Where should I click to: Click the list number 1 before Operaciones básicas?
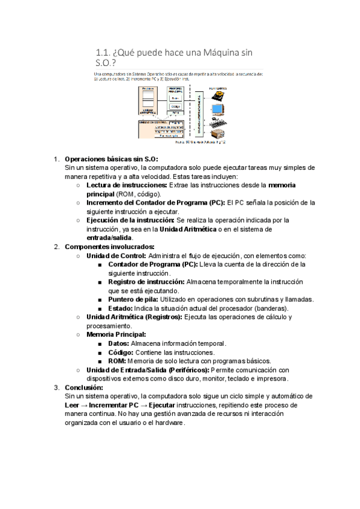(56, 159)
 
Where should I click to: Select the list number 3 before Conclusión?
(56, 387)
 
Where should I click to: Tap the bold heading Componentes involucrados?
(109, 247)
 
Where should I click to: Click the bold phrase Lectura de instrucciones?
(127, 185)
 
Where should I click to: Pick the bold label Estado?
(122, 308)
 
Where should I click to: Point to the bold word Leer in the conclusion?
(71, 405)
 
